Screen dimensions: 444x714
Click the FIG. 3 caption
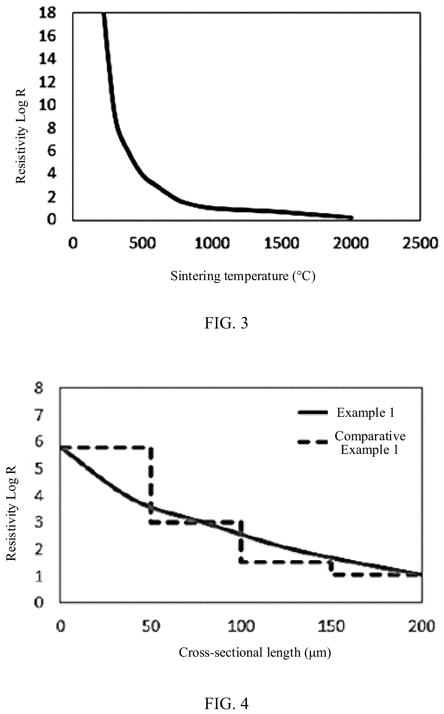click(226, 323)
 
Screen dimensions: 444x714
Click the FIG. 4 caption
click(226, 704)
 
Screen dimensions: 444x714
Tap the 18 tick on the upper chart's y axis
click(47, 13)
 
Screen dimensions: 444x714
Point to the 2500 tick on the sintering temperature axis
click(420, 243)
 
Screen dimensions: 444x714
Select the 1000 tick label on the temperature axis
click(212, 243)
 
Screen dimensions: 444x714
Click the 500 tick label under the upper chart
click(142, 243)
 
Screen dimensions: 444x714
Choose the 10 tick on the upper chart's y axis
click(47, 105)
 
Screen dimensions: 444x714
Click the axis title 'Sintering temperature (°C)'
click(243, 276)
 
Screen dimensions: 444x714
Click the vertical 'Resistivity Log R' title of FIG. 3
click(21, 136)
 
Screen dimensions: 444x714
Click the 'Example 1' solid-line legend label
click(365, 412)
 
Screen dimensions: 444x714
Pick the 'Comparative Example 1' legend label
click(370, 443)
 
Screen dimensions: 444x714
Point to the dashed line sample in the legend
click(312, 442)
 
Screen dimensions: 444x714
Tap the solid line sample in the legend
click(312, 412)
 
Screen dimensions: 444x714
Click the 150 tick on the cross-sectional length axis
click(331, 626)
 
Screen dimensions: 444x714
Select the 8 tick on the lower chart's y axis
click(39, 388)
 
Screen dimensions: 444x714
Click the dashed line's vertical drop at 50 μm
click(151, 485)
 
